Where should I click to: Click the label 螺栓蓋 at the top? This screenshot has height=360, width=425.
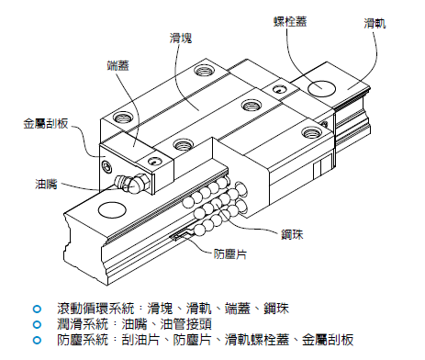290,21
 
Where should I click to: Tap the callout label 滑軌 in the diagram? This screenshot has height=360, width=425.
375,23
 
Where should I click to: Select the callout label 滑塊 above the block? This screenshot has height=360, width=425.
181,39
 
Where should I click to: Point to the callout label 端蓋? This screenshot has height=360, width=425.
118,65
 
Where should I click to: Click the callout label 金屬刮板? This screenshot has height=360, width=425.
46,123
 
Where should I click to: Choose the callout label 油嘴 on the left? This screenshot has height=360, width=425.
46,185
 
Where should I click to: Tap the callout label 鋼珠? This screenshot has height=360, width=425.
292,234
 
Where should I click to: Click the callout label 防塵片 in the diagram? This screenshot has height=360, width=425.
230,254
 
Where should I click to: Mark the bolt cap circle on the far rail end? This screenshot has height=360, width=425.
321,88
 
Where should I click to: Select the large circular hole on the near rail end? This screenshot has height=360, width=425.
112,210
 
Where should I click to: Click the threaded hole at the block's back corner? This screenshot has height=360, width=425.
204,72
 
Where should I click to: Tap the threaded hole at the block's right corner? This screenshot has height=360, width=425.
312,133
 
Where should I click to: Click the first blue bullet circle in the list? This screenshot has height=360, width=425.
37,309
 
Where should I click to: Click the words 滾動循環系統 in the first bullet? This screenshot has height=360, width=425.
95,309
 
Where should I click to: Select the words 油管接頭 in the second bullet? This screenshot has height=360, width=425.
186,324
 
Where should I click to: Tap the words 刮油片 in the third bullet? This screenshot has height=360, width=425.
140,340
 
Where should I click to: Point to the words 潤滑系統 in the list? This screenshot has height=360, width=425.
83,324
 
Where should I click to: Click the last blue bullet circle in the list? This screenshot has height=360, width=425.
37,340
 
